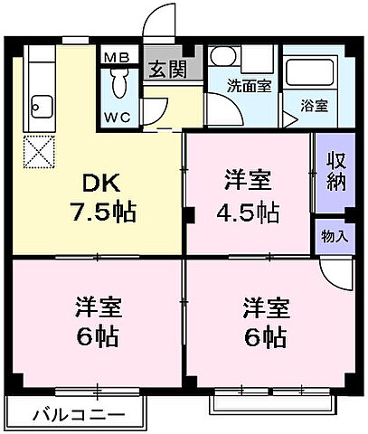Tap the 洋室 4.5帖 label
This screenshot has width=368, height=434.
247,197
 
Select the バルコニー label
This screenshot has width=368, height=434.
78,417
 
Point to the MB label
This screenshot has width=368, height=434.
118,58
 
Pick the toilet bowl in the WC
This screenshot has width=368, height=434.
118,85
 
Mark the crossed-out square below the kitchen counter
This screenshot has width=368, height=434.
39,151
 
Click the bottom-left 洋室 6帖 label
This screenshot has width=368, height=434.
97,322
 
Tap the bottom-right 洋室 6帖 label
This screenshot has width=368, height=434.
265,322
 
